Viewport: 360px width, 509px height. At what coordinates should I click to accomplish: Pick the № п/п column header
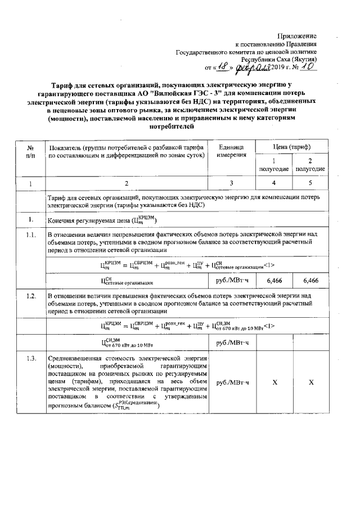[30, 150]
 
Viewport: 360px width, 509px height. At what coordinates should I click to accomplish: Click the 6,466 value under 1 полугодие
[274, 280]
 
